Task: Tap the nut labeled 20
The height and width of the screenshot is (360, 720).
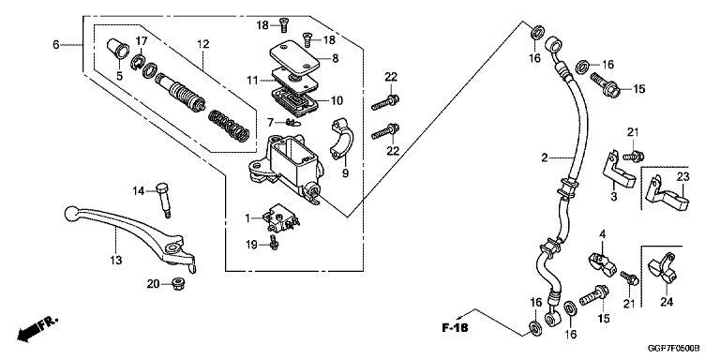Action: coord(176,284)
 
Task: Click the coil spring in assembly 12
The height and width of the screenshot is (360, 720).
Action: coord(229,126)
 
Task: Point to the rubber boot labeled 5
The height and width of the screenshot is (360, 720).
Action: coord(118,49)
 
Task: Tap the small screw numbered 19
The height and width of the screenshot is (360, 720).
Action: coord(275,242)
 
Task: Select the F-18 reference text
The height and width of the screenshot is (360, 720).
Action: coord(455,328)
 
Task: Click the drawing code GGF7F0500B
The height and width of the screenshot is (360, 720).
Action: coord(674,348)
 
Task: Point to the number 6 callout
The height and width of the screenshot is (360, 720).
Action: coord(56,45)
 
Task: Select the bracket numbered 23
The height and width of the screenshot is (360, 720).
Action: coord(668,195)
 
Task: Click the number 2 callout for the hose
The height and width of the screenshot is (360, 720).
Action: coord(544,157)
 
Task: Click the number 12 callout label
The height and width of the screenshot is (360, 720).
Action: coord(202,44)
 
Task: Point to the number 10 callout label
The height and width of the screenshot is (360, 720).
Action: coord(337,100)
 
